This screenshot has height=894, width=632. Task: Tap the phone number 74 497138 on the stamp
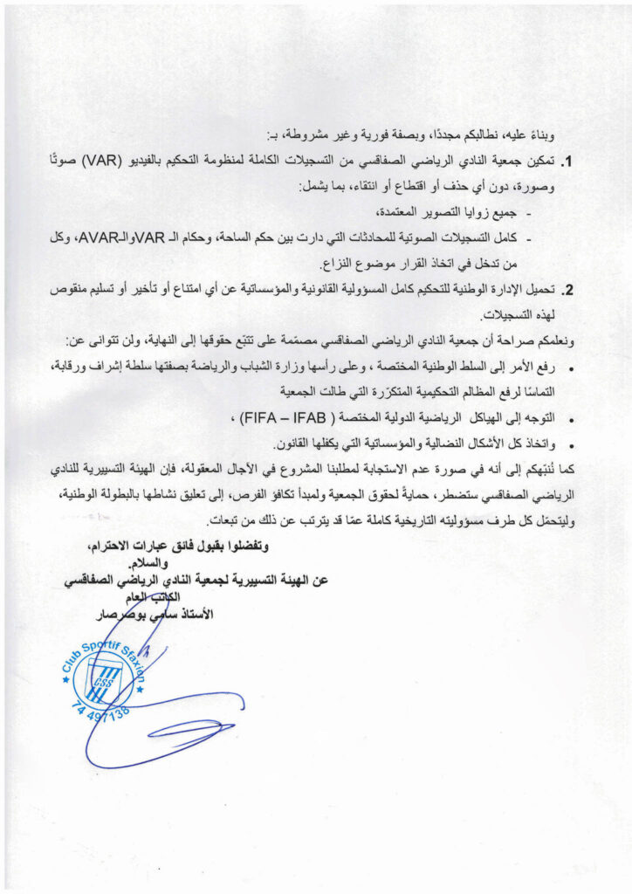(98, 704)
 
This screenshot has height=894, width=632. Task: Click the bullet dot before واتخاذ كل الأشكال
(570, 443)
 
